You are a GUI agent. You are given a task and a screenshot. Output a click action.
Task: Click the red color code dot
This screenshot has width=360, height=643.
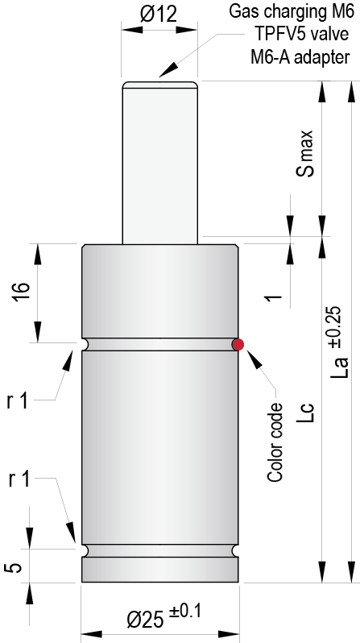238,344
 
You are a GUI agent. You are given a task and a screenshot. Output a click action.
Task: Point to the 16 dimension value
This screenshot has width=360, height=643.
21,293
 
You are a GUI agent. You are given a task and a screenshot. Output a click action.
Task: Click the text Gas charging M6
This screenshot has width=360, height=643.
292,11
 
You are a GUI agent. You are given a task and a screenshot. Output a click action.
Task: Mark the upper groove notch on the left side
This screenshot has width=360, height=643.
84,344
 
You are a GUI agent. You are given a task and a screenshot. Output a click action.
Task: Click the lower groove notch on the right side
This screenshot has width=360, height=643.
237,550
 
